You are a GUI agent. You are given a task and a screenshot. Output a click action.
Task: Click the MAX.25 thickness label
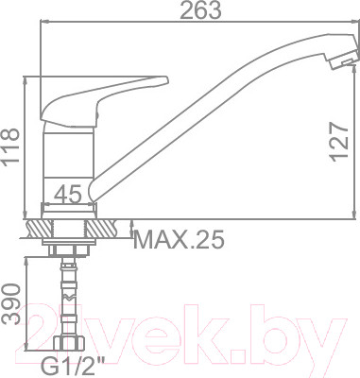(x=179, y=241)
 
